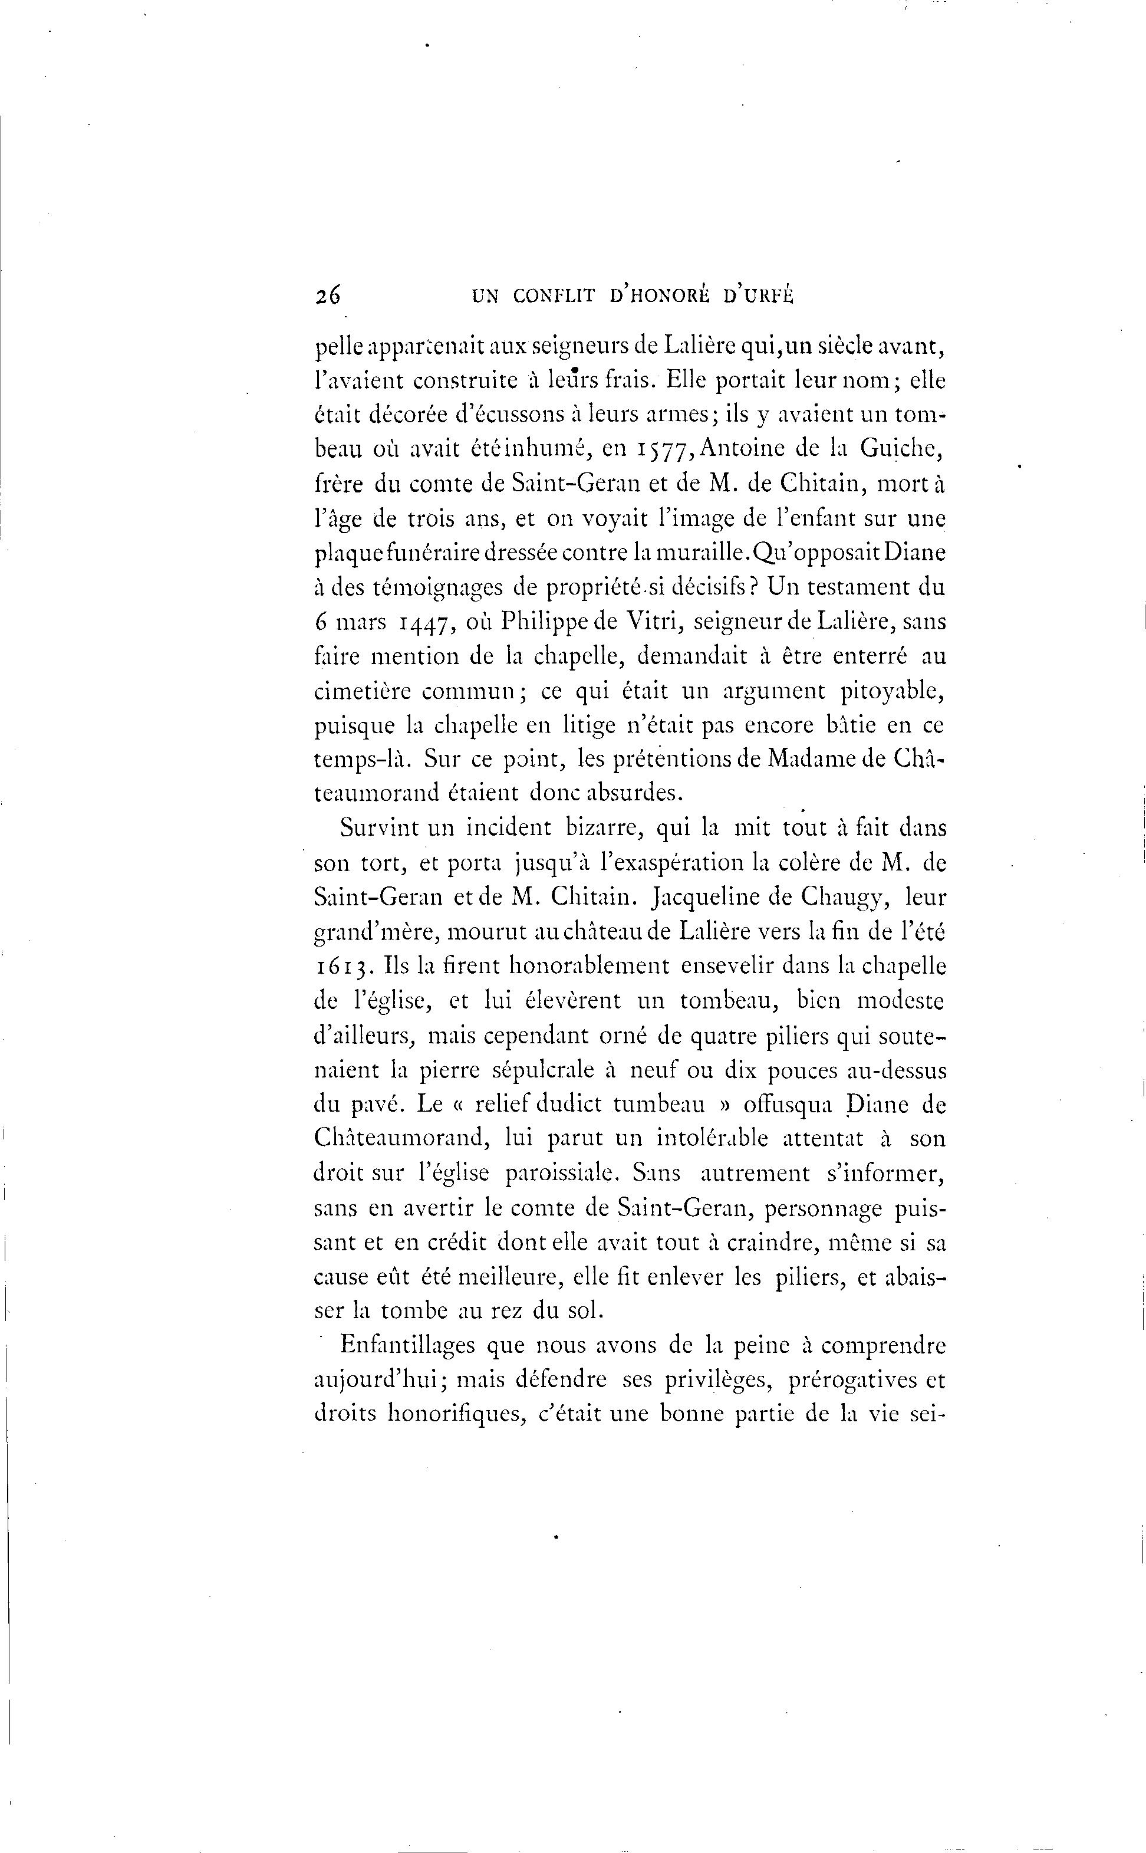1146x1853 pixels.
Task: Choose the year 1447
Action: [427, 622]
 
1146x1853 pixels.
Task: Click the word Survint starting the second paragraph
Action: [379, 827]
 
